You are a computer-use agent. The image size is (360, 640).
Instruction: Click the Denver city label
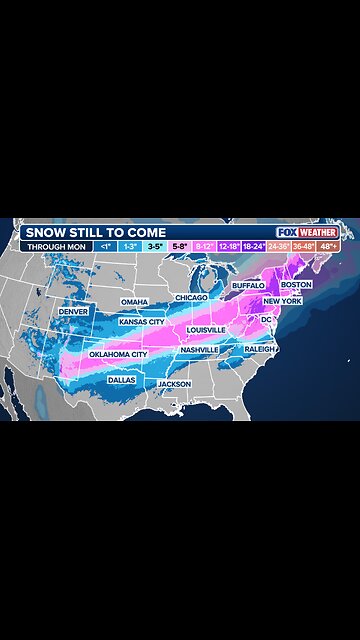click(73, 311)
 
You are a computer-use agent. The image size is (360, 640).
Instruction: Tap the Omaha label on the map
click(134, 302)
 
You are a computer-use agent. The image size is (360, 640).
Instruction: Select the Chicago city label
click(191, 297)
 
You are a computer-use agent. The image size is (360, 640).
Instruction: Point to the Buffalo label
click(248, 285)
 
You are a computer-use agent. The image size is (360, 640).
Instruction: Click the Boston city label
click(297, 285)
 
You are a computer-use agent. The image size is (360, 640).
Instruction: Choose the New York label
click(282, 301)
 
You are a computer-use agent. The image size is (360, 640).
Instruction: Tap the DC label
click(267, 319)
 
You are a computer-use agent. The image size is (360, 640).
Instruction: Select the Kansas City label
click(142, 322)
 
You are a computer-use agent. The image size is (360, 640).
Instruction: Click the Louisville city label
click(206, 329)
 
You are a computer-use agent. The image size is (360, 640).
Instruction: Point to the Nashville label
click(200, 349)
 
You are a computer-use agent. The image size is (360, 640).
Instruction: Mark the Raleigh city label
click(259, 349)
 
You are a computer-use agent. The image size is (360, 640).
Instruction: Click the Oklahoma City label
click(118, 354)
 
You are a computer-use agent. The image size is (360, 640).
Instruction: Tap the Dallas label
click(122, 380)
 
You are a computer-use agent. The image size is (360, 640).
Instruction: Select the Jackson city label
click(174, 384)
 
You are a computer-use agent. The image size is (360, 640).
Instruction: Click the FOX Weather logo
click(307, 232)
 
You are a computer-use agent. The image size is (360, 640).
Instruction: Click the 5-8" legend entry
click(179, 246)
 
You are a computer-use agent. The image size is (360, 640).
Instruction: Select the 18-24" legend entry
click(253, 246)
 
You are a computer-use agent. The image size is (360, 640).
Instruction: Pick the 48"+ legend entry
click(328, 246)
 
